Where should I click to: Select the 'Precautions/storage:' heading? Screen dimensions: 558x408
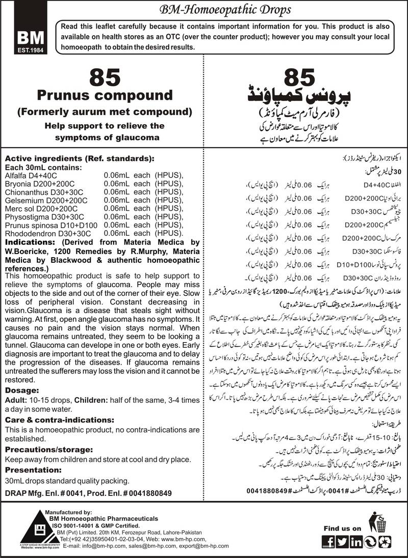tap(48, 449)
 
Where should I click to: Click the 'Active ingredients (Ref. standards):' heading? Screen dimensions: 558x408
tap(79, 158)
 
